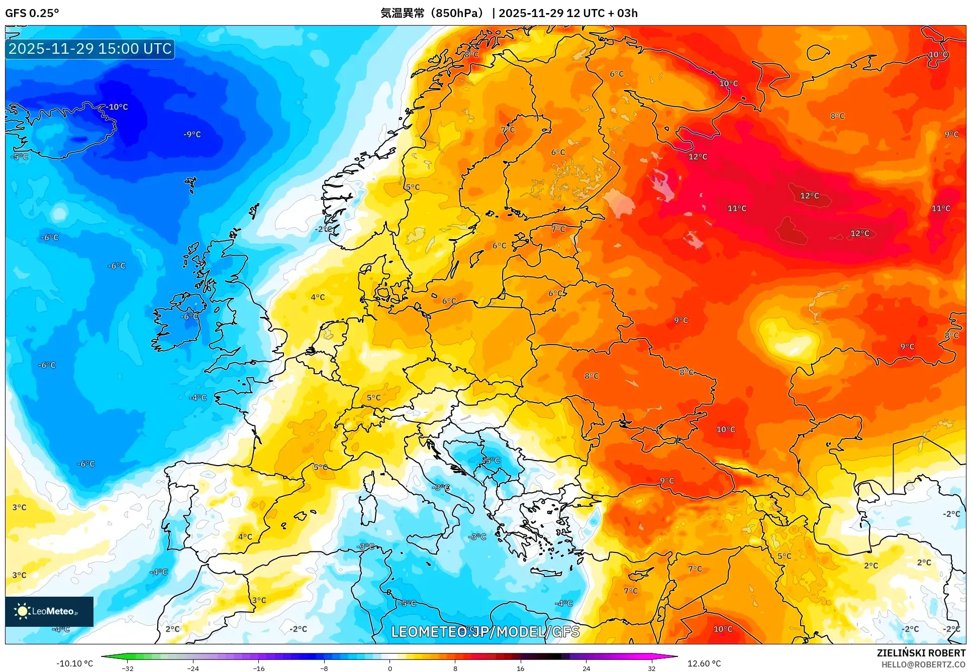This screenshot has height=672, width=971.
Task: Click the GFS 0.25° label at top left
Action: (32, 13)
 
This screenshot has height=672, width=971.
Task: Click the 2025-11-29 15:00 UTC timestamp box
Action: (90, 49)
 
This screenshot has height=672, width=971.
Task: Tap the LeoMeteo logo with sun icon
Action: (49, 611)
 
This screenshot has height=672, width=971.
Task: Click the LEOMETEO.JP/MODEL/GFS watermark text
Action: (485, 631)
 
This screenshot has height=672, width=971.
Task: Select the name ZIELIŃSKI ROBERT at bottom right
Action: (921, 653)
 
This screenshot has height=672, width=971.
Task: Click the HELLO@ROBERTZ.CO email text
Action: (923, 664)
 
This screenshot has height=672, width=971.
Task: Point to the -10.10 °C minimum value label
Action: (74, 663)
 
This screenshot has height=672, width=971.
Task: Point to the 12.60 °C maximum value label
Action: (704, 663)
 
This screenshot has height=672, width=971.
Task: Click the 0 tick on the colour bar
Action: (390, 668)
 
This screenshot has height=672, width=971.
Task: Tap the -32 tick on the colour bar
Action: (128, 668)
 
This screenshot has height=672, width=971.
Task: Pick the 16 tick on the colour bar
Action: (520, 668)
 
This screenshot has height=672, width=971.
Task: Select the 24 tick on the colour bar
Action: (586, 668)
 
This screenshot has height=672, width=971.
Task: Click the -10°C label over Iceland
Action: (117, 107)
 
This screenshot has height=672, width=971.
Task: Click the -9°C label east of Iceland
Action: (192, 134)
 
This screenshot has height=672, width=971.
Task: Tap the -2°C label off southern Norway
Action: (324, 229)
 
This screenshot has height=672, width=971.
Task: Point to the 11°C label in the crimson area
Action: (737, 208)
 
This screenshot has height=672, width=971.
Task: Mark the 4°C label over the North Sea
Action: (318, 297)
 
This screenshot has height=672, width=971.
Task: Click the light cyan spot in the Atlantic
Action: (59, 213)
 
